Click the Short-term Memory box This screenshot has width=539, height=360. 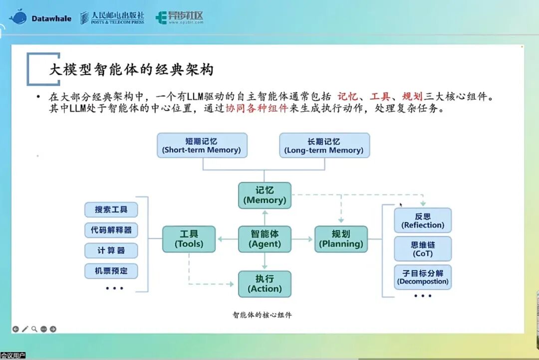pos(202,145)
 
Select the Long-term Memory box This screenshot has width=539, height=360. pos(324,145)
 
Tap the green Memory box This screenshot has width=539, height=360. pos(265,195)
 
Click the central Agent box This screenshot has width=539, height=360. pos(265,239)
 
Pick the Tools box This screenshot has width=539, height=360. pos(189,239)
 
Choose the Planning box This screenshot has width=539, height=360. pos(341,239)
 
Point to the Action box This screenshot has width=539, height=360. pos(265,284)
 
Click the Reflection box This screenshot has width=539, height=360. pos(423,220)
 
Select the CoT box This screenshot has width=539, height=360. pos(423,249)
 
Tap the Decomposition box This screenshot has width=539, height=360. pos(423,277)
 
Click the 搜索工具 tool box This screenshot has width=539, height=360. pos(111,210)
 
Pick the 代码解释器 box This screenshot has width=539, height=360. pos(111,230)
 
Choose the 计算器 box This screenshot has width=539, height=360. pos(111,251)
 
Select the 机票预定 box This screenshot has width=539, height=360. pos(111,271)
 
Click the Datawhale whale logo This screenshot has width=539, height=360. pos(18,17)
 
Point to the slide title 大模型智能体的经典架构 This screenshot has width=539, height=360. pos(131,69)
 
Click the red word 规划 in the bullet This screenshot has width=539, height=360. pos(412,97)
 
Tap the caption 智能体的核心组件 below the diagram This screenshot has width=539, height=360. pos(262,315)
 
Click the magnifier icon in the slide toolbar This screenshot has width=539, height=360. pos(34,329)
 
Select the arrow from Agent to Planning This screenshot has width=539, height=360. pos(302,239)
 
